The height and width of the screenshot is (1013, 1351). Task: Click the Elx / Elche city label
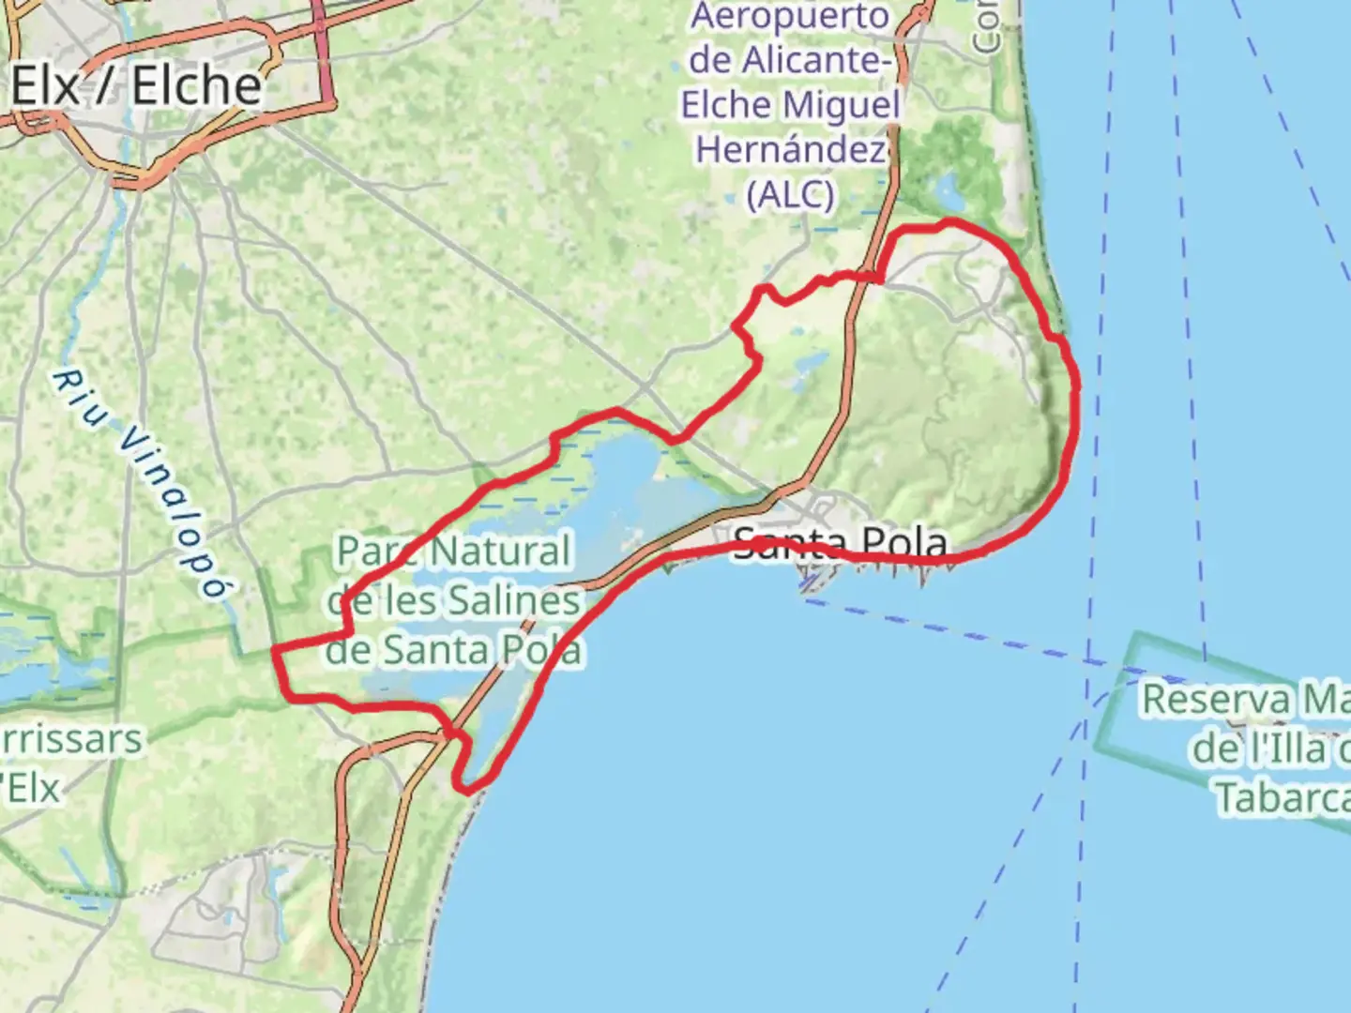coord(136,86)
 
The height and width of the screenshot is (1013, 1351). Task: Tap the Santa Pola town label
coord(840,541)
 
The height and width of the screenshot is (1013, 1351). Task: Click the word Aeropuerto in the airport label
coord(790,17)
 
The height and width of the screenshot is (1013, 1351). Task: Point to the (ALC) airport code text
coord(790,194)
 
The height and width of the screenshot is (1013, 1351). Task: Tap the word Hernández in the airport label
coord(790,150)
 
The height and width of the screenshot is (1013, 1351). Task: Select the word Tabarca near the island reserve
coord(1282,797)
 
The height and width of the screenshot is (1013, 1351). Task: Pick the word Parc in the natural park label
coord(374,552)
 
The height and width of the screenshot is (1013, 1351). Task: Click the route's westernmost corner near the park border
coord(274,650)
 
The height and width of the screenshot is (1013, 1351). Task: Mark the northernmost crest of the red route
coord(950,222)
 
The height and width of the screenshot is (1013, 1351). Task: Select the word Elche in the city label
coord(196,86)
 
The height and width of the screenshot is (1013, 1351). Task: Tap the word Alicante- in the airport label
coord(790,61)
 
